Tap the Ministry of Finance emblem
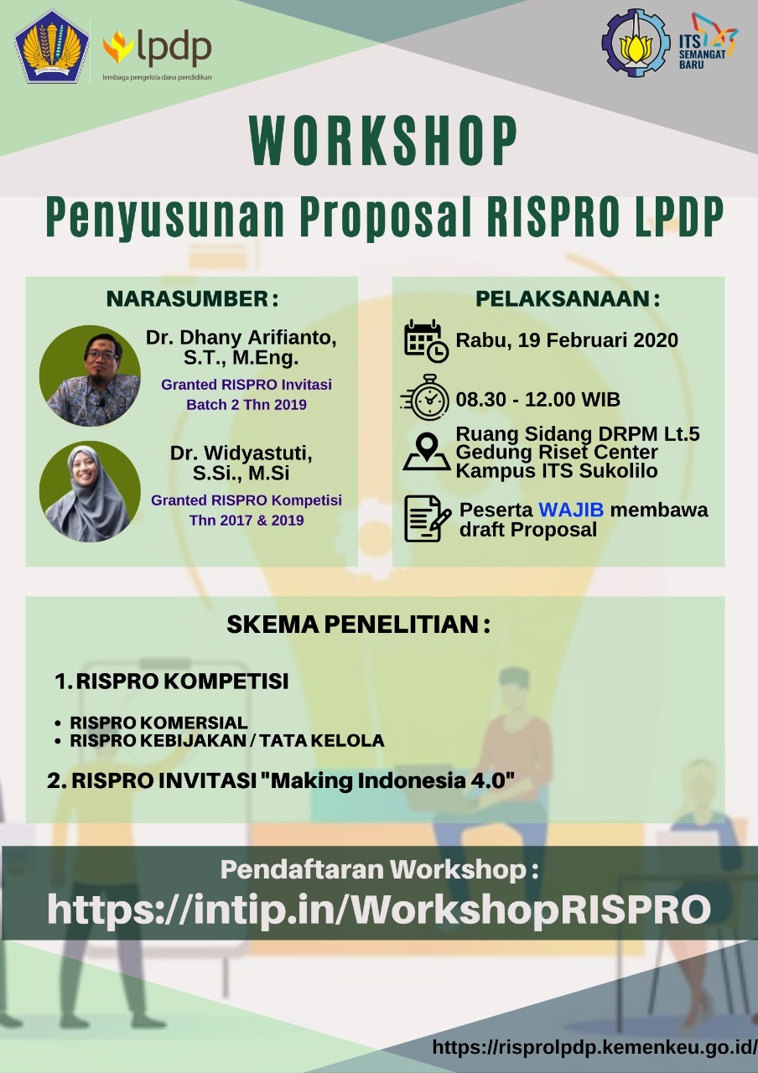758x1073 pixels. (x=52, y=46)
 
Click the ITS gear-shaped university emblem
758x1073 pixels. (x=636, y=43)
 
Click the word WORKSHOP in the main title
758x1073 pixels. (x=384, y=142)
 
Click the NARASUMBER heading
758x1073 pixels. (x=192, y=299)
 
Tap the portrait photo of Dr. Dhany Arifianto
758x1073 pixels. (x=91, y=375)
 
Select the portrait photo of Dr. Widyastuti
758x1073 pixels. (x=91, y=491)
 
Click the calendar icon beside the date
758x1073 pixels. (x=426, y=340)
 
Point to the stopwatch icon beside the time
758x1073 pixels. (x=426, y=397)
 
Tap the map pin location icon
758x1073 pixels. (x=426, y=451)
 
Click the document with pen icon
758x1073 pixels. (x=427, y=518)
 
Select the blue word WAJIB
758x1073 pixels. (x=570, y=511)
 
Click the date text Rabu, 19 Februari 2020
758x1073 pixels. (x=567, y=340)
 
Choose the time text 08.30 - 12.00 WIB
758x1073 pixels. (x=537, y=399)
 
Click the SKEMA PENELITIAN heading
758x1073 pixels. (x=358, y=625)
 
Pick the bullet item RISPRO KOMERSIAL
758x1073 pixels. (x=158, y=723)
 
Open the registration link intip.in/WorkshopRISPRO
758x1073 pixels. (x=378, y=910)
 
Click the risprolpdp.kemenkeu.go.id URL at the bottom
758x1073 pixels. (x=594, y=1047)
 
